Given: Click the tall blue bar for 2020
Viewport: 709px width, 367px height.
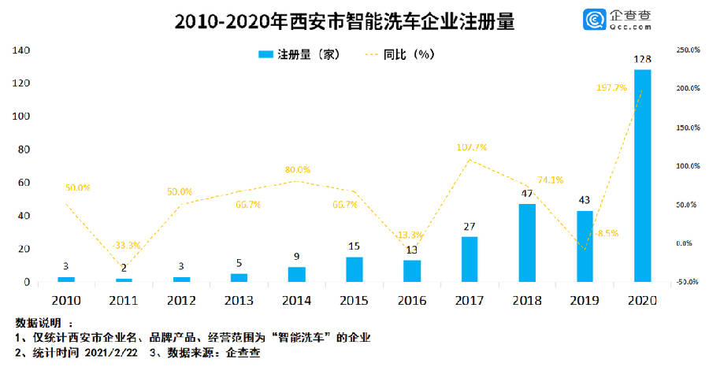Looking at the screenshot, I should [x=643, y=175].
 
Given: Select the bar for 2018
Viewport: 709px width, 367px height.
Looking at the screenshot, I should [x=527, y=243].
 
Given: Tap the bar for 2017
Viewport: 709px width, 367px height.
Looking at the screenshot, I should [x=470, y=259].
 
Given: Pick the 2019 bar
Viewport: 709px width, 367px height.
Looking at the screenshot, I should [x=585, y=246].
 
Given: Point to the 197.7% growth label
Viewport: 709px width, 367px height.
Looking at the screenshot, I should [x=611, y=88].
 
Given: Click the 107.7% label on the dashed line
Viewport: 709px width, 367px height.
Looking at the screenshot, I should [x=471, y=147].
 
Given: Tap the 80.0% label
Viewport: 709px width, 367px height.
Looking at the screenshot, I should [x=298, y=169].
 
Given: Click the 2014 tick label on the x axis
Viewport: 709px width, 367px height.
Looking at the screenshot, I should [x=297, y=301].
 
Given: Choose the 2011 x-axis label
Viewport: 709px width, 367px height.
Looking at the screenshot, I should [x=124, y=301].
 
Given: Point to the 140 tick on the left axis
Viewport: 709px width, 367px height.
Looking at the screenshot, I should [x=20, y=50].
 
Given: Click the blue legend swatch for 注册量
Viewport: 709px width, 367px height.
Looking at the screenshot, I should [x=265, y=54].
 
